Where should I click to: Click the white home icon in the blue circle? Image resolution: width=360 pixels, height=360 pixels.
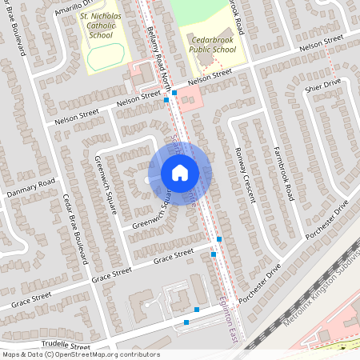coord(180,172)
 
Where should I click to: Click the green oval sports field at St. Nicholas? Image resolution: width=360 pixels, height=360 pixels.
coord(106,57)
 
